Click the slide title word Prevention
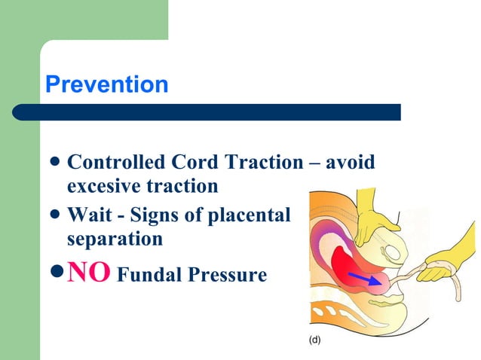click(x=106, y=84)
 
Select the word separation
click(x=115, y=239)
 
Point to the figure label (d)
click(x=314, y=340)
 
